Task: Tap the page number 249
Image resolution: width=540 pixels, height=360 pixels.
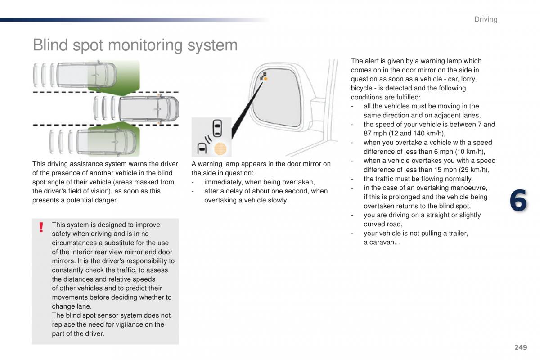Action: [x=520, y=347]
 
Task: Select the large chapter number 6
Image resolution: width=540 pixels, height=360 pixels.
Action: [x=518, y=201]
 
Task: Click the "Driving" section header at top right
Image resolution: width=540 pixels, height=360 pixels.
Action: [x=486, y=19]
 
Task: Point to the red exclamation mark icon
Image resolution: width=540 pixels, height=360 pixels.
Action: [x=41, y=227]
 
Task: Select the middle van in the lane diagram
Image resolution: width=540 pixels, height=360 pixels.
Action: [x=148, y=108]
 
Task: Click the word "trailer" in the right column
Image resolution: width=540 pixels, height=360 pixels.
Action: [x=456, y=233]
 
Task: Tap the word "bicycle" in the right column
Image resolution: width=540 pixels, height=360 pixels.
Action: [x=363, y=88]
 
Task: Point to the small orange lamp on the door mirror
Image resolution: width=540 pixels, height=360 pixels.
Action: [x=265, y=79]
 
